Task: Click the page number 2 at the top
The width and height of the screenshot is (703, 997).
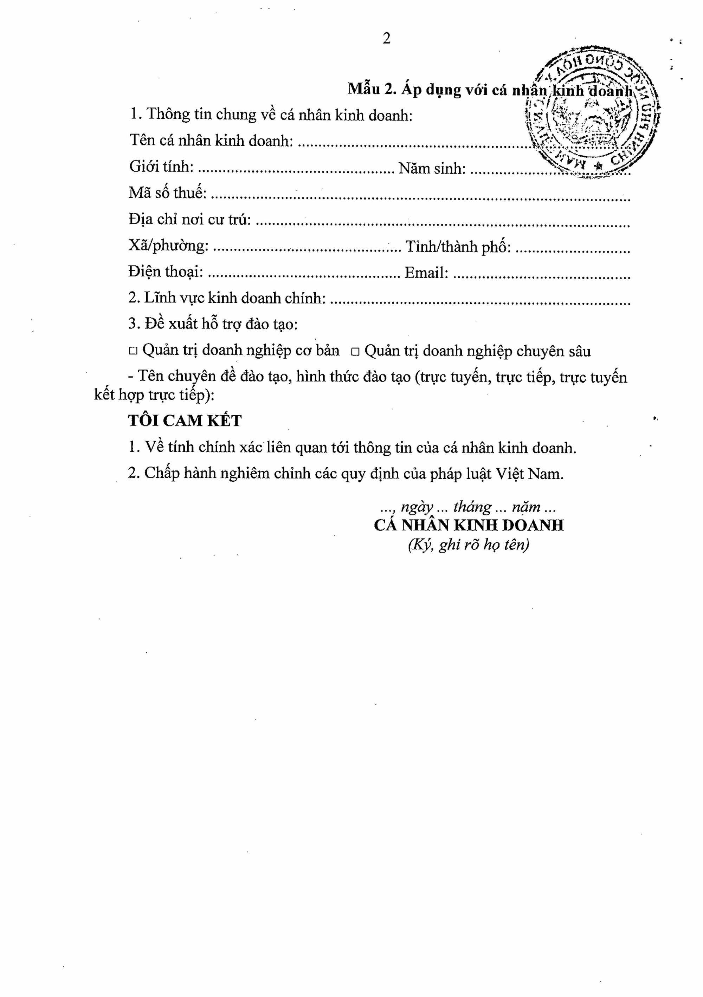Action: (386, 39)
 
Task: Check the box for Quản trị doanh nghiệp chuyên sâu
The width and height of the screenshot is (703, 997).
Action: (355, 352)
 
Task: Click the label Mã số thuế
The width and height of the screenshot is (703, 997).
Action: (167, 193)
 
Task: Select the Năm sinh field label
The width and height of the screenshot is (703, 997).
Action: (432, 168)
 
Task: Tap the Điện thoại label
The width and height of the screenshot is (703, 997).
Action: (166, 272)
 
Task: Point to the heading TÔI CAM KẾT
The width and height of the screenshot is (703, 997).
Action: (185, 421)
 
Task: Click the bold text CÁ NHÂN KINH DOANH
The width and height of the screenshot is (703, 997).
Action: (469, 526)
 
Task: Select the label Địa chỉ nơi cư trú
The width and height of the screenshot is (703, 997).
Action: (190, 219)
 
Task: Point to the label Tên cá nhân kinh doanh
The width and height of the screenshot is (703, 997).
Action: (211, 141)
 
